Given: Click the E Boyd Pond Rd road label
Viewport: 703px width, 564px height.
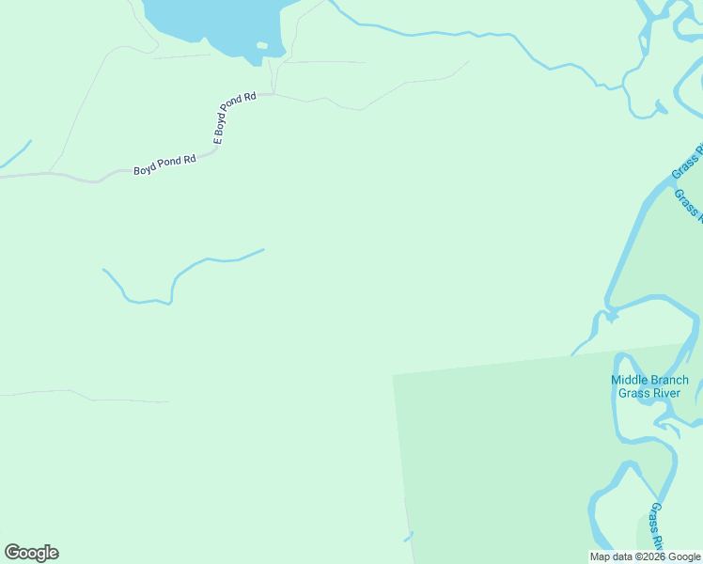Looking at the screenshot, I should point(234,117).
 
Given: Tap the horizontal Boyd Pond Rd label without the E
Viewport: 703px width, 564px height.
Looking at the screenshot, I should point(164,165).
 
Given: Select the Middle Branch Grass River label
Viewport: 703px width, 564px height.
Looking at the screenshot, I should point(649,386).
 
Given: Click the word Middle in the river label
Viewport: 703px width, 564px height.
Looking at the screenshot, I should point(630,381).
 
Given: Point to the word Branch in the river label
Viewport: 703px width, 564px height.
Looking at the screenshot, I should point(669,381).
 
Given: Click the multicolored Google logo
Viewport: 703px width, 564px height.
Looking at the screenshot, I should point(31,553).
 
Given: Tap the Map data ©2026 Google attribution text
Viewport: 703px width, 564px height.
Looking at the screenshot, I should point(646,556).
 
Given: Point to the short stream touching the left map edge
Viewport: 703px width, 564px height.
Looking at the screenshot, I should point(15,155).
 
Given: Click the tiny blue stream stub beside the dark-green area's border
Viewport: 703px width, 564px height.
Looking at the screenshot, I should point(409,537).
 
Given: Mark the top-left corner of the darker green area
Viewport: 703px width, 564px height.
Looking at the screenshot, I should point(394,375).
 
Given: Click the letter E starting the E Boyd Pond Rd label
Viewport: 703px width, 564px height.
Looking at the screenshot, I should point(218,140).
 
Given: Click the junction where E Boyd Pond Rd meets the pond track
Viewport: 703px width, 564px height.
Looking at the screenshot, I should point(273,93).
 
